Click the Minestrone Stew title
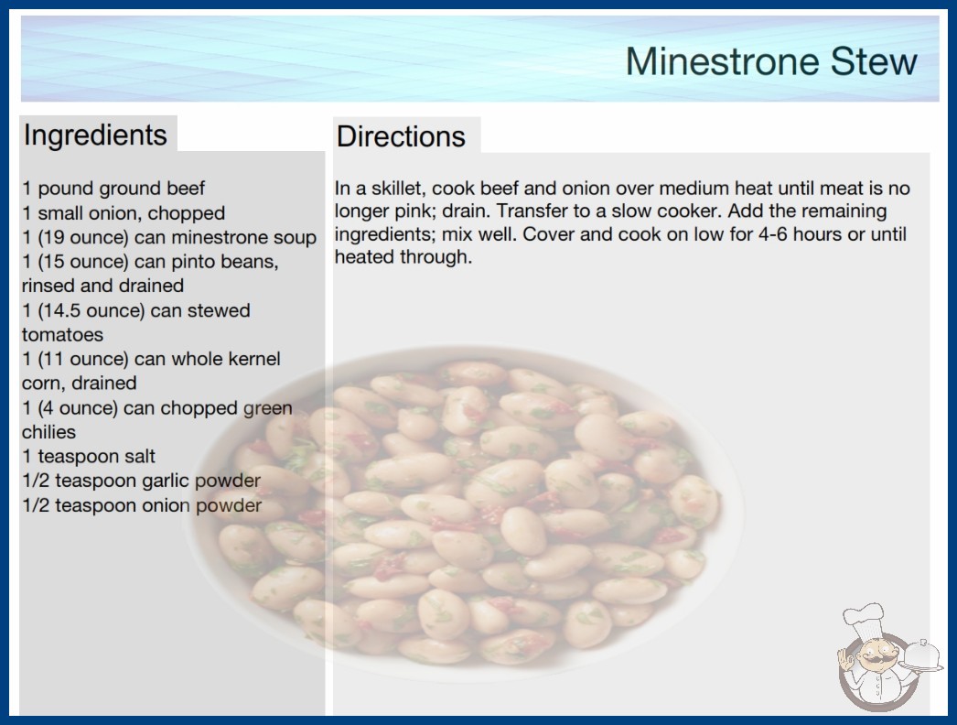tap(771, 61)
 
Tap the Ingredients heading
tap(95, 135)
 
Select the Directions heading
tap(401, 136)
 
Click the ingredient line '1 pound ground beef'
tap(113, 189)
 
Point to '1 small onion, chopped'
tap(124, 212)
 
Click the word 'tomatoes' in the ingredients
tap(62, 335)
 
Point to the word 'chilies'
tap(48, 432)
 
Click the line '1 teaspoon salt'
tap(89, 456)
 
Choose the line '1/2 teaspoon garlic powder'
tap(142, 481)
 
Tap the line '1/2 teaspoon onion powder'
tap(142, 505)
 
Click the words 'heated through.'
tap(403, 257)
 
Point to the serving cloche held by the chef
tap(923, 657)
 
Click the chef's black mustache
tap(873, 659)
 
